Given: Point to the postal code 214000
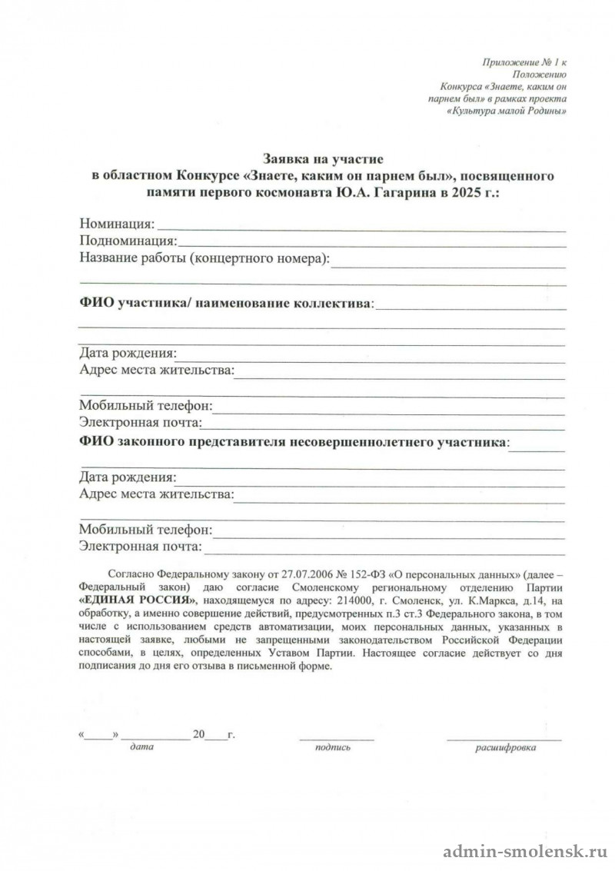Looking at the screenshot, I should pos(354,600).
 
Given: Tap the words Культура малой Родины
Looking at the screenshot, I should pos(508,111).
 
